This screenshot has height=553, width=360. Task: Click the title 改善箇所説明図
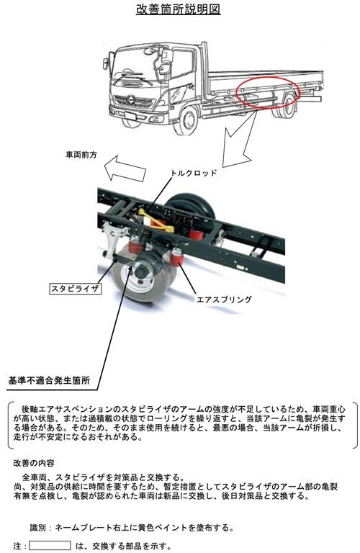click(179, 9)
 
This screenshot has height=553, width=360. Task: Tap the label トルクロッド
click(194, 173)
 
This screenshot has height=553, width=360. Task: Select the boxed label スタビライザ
click(75, 289)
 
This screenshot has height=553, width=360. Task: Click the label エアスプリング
click(224, 300)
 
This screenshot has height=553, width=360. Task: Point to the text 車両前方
click(81, 155)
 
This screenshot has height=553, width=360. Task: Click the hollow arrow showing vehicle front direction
click(125, 168)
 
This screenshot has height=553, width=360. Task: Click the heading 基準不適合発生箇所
click(49, 380)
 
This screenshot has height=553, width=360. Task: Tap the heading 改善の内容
click(34, 462)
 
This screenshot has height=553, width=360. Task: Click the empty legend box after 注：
click(50, 545)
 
